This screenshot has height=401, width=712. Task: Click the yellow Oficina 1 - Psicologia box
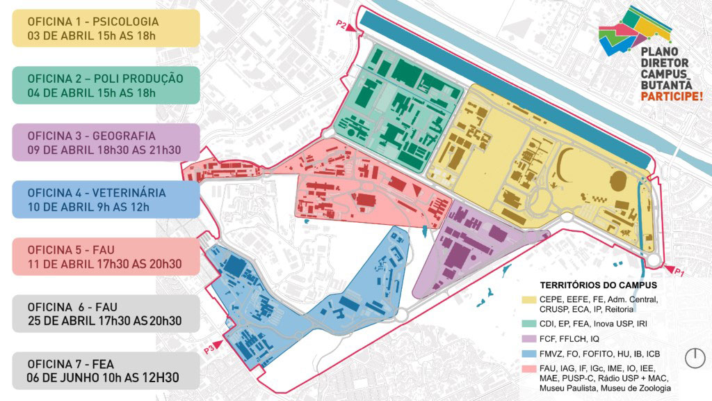click(x=102, y=28)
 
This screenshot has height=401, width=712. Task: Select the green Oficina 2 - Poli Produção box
click(x=102, y=85)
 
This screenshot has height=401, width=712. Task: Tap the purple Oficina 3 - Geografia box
click(x=102, y=142)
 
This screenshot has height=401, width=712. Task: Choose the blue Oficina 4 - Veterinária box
click(x=102, y=199)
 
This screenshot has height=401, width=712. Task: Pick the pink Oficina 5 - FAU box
click(x=102, y=256)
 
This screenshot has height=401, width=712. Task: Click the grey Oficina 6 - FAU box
click(x=102, y=313)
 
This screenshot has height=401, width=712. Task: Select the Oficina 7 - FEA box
click(x=102, y=370)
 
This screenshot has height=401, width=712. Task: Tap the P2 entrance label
click(x=341, y=25)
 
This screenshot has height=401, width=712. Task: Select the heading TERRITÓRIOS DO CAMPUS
click(x=598, y=285)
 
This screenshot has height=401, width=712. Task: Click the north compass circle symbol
click(x=695, y=358)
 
